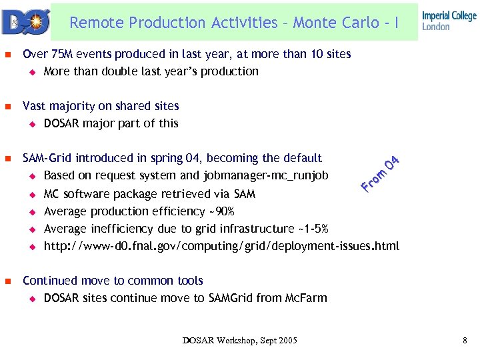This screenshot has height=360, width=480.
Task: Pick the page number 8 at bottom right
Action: pyautogui.click(x=465, y=341)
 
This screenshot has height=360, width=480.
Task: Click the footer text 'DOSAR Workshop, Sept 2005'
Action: pyautogui.click(x=240, y=341)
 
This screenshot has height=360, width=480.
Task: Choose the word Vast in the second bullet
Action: pyautogui.click(x=35, y=106)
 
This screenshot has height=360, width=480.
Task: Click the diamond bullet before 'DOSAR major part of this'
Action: pyautogui.click(x=31, y=124)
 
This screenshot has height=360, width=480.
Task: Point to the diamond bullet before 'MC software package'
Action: pyautogui.click(x=31, y=195)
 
